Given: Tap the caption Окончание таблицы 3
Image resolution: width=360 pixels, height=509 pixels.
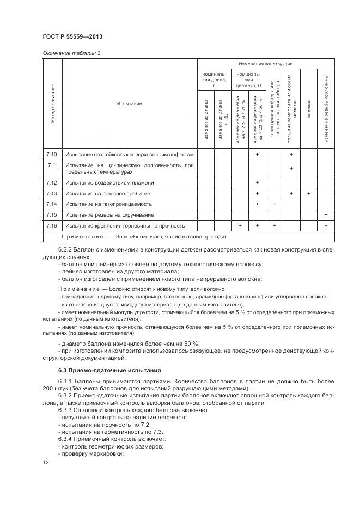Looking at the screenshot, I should (71, 53).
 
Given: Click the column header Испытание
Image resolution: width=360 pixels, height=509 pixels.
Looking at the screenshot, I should (129, 103).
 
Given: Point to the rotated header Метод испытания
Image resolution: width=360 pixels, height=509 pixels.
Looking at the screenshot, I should (53, 103).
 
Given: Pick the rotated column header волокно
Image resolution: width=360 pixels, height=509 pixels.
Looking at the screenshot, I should (309, 103).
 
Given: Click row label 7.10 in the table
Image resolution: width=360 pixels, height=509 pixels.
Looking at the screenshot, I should (52, 155).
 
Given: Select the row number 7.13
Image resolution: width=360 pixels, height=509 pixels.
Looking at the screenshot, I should (52, 193).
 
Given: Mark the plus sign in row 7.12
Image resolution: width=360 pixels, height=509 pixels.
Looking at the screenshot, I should (257, 182).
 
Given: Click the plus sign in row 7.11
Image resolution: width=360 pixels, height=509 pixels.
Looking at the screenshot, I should (291, 168).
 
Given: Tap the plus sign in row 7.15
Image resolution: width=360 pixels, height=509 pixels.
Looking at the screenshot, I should (326, 214).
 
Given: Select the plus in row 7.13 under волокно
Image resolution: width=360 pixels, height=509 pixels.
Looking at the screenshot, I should (309, 193).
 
